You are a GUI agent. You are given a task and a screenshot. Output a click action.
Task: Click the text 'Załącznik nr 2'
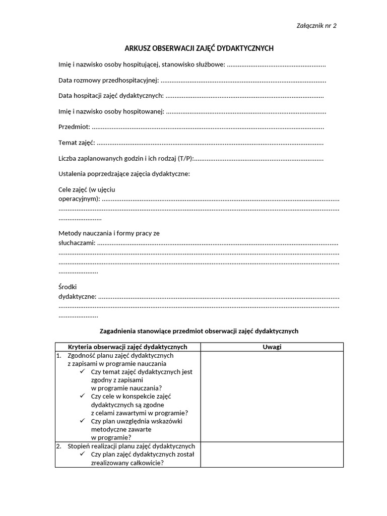(x=315, y=26)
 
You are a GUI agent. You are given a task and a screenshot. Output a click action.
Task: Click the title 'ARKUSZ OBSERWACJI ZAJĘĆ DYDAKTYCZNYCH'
(x=199, y=48)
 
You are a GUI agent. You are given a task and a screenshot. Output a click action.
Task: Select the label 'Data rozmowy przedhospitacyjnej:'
(x=109, y=80)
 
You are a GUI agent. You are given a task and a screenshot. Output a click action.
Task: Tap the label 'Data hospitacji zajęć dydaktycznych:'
(x=111, y=96)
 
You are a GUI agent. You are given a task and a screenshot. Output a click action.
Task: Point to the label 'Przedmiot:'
(x=74, y=127)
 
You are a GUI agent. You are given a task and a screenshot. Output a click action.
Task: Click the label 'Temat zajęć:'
(x=77, y=143)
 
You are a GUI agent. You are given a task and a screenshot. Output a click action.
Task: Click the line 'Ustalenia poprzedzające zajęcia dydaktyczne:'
(x=124, y=174)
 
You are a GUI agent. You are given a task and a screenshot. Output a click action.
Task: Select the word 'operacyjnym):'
(x=79, y=199)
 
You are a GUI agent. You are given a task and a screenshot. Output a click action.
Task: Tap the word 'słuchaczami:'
(x=77, y=242)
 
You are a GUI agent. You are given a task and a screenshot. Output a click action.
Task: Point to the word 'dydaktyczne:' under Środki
(x=77, y=296)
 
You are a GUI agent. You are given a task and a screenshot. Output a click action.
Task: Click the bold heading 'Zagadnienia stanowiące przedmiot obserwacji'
(x=200, y=331)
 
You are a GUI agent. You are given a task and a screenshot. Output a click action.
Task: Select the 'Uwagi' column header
(x=272, y=347)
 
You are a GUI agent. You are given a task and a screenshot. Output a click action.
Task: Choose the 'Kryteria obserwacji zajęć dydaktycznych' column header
(x=127, y=347)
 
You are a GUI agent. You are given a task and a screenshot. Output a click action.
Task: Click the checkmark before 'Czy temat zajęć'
(x=83, y=371)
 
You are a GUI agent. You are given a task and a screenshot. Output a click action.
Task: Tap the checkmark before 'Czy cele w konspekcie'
(x=83, y=396)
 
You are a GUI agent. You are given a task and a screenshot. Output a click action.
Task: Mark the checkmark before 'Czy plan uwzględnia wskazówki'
(x=83, y=421)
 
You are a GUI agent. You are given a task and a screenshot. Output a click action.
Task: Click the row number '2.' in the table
(x=59, y=446)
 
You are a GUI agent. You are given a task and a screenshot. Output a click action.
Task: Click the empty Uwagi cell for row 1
(x=272, y=396)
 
